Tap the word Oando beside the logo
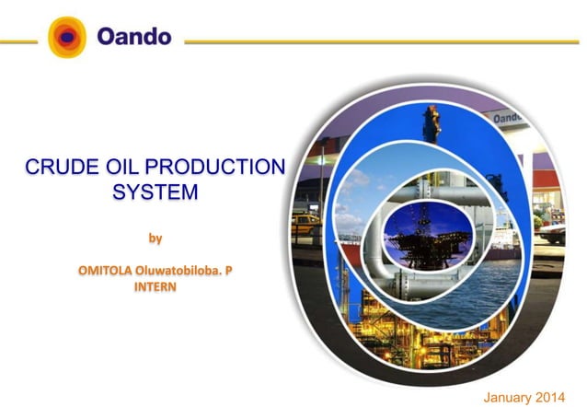133,38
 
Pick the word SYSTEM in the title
155,192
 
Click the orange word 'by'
155,238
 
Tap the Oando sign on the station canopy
508,119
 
